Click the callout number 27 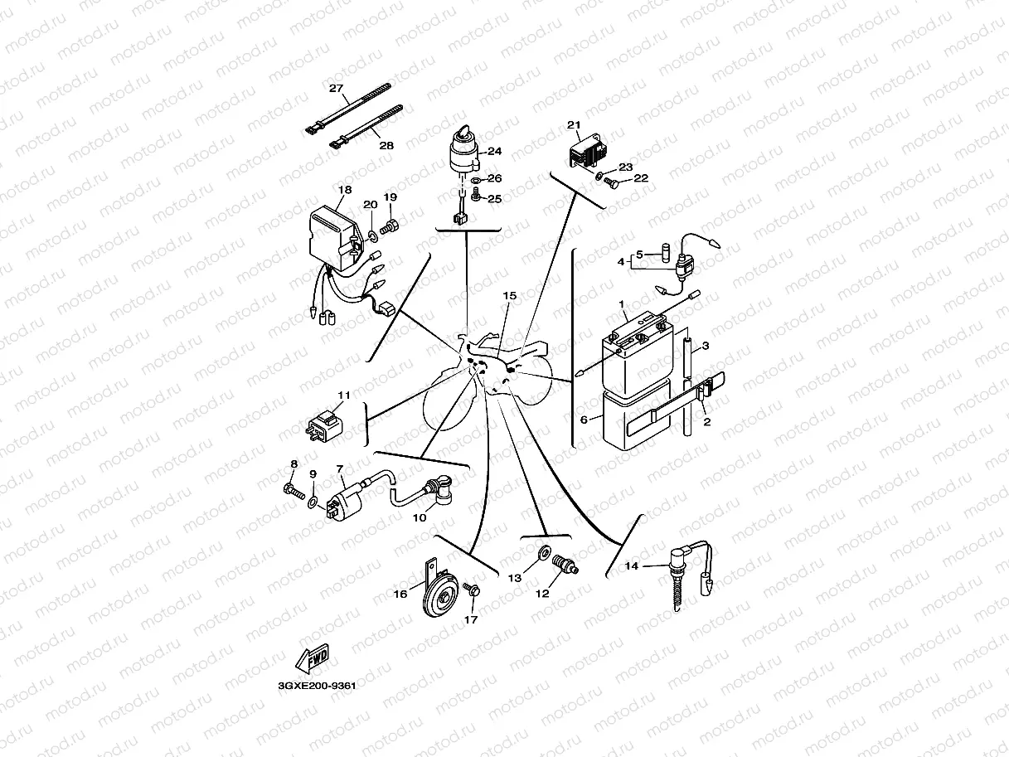click(x=335, y=89)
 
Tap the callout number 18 click(x=344, y=190)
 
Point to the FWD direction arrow click(x=312, y=659)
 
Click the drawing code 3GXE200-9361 click(x=317, y=686)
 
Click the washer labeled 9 click(x=312, y=502)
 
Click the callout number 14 click(x=631, y=566)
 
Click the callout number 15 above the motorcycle click(x=509, y=295)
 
